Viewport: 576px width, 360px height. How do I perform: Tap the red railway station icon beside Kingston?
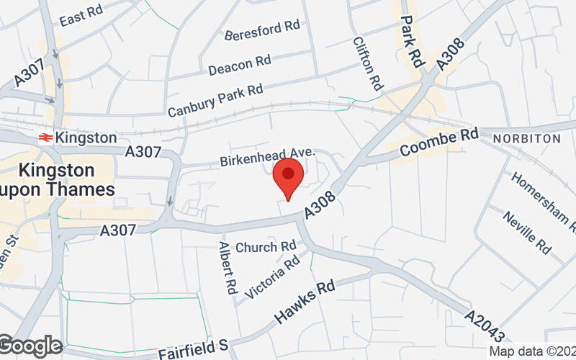pos(45,137)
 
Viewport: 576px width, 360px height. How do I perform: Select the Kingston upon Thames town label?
pos(58,180)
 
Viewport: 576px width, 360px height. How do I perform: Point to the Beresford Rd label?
pos(261,30)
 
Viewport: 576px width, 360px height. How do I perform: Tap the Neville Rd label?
pos(527,233)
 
